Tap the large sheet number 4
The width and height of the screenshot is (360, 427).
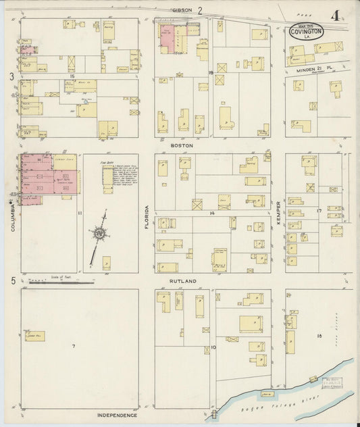point(336,15)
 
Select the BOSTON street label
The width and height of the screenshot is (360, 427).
point(182,145)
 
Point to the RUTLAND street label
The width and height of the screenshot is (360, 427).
point(182,280)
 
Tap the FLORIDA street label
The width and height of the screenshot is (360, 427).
point(147,218)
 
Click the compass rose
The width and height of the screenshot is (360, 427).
point(101,233)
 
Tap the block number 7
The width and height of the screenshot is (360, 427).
point(74,346)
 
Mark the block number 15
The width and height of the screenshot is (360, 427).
point(71,76)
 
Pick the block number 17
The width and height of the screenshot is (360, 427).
point(319,211)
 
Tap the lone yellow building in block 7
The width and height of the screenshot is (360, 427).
point(35,336)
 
